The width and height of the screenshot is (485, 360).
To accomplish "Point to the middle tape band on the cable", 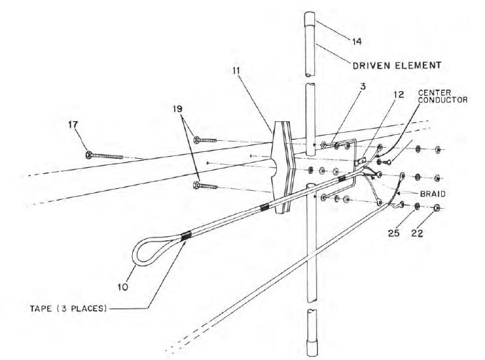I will coord(263,207).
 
